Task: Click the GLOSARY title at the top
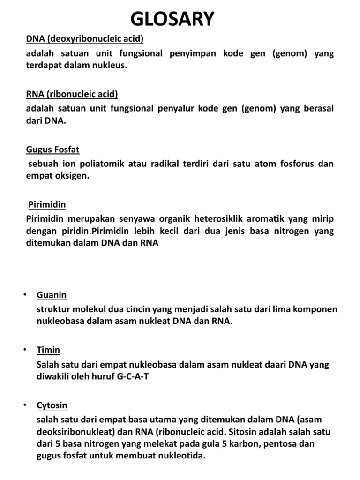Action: tap(172, 19)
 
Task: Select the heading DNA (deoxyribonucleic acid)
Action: tap(84, 39)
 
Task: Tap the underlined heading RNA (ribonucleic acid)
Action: tap(72, 94)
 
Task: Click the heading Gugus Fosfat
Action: tap(52, 150)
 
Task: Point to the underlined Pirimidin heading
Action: tap(47, 205)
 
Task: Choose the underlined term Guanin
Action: tap(52, 295)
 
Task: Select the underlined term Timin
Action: tap(48, 350)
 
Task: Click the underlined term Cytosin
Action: tap(52, 405)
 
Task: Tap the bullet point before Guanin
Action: tap(24, 295)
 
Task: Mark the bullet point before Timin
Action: tap(24, 350)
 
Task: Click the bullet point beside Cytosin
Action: tap(24, 405)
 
